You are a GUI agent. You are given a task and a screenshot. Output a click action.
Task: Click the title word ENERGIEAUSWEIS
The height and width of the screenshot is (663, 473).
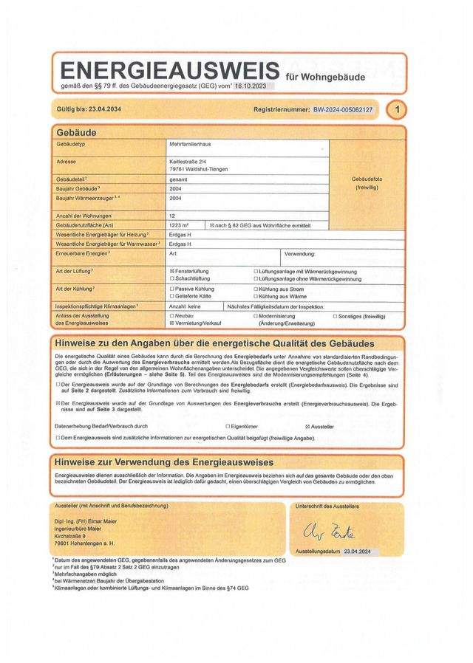pos(168,72)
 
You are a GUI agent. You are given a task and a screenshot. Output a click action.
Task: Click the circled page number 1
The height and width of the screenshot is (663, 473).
pos(398,110)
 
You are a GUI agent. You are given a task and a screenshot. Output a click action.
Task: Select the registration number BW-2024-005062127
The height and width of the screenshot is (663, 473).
pos(343,110)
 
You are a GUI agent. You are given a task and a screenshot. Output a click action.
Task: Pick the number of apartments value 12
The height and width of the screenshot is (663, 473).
pos(172,216)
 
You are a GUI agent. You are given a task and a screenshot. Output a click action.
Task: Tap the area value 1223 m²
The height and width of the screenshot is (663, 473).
pos(179,224)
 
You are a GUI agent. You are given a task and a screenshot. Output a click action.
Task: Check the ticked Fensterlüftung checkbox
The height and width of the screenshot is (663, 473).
pos(171,272)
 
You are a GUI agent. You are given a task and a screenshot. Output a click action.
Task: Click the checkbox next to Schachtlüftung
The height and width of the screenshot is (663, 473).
pos(171,279)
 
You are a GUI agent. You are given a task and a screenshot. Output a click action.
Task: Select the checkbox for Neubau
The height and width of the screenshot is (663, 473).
pos(171,315)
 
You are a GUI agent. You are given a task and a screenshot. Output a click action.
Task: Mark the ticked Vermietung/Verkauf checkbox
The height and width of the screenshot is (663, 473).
pos(171,323)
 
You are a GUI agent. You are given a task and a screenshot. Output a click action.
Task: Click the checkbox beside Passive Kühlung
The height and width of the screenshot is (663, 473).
pos(171,289)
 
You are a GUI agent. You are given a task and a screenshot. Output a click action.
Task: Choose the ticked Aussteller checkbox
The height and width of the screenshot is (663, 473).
pos(307,427)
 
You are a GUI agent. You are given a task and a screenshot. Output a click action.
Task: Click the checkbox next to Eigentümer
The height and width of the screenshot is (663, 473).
pos(228,427)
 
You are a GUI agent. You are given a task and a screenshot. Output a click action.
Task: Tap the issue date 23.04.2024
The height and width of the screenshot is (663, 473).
pos(360,552)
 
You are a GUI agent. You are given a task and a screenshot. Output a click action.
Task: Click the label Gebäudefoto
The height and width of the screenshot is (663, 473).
pos(367,179)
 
